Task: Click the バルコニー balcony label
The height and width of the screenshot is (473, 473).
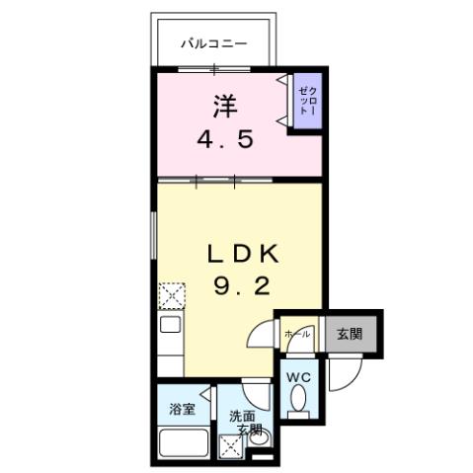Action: (212, 43)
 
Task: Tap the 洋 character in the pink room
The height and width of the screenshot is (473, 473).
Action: (224, 103)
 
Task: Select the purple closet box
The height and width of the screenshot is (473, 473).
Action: (305, 102)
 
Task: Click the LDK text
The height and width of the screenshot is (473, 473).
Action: (242, 254)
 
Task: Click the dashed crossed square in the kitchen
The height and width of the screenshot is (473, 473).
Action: (172, 295)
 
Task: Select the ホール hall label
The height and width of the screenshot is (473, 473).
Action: (297, 335)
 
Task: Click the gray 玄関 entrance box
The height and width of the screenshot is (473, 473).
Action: (348, 334)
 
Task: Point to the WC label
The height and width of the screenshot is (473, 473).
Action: (298, 375)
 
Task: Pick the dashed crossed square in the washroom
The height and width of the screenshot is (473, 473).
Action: (234, 448)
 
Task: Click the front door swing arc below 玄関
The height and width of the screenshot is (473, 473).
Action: (346, 373)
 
